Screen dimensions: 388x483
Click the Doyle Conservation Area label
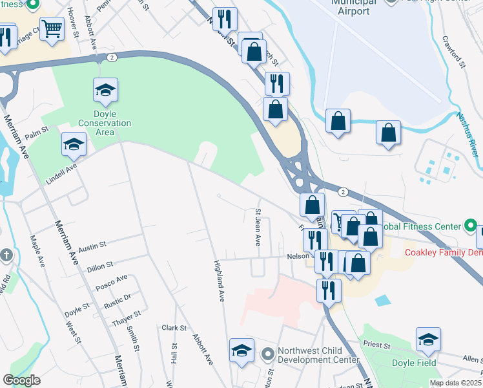105,123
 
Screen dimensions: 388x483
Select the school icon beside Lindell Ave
74,144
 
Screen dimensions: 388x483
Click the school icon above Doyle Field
428,339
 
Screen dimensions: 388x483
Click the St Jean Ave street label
258,228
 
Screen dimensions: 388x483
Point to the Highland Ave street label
220,274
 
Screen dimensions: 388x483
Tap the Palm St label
37,133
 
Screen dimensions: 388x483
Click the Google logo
21,380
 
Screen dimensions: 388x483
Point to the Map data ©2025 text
455,383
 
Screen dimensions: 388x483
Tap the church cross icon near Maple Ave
5,255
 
